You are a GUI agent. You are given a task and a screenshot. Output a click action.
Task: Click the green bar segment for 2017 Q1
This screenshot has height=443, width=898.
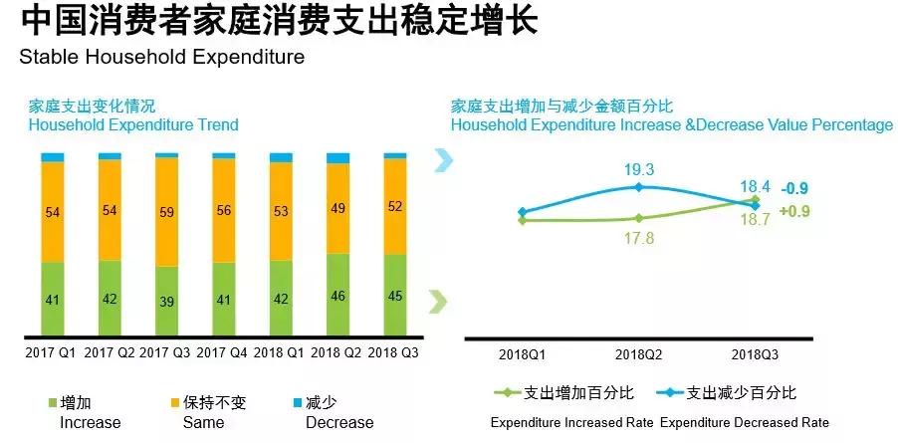[x=53, y=299]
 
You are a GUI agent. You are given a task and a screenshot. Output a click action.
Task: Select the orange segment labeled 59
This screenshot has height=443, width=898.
[x=167, y=211]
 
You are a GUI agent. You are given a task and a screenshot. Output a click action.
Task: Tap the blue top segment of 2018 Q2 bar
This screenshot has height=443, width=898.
[x=338, y=158]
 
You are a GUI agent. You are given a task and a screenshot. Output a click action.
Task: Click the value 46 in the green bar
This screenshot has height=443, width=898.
[x=338, y=296]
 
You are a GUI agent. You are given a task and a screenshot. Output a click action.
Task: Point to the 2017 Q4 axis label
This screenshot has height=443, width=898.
[x=223, y=352]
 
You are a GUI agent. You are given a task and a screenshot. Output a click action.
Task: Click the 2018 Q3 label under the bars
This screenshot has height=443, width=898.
[x=395, y=352]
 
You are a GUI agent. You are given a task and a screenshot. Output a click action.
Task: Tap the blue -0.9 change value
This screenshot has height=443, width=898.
[x=793, y=188]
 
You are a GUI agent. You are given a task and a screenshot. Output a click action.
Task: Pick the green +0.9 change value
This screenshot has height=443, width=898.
[x=793, y=211]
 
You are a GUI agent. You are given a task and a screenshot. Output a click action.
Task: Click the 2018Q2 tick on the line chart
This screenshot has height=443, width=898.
[x=639, y=354]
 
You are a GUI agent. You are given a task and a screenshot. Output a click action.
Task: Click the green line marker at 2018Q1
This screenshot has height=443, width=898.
[x=521, y=220]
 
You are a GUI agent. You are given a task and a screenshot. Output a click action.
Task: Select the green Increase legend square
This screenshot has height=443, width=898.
[x=53, y=403]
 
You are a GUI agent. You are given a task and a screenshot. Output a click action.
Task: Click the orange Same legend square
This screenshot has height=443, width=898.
[x=175, y=403]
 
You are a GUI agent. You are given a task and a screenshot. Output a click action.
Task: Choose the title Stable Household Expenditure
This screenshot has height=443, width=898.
[x=162, y=57]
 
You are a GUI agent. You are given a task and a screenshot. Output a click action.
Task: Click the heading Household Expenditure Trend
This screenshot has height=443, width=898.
[x=133, y=124]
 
